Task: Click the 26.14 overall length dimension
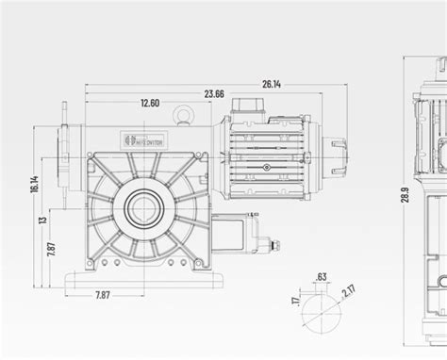click(271, 84)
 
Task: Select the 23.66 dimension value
click(213, 93)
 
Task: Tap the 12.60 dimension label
click(148, 103)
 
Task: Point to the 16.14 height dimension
click(35, 184)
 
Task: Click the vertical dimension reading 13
click(41, 221)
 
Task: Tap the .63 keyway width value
click(323, 276)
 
